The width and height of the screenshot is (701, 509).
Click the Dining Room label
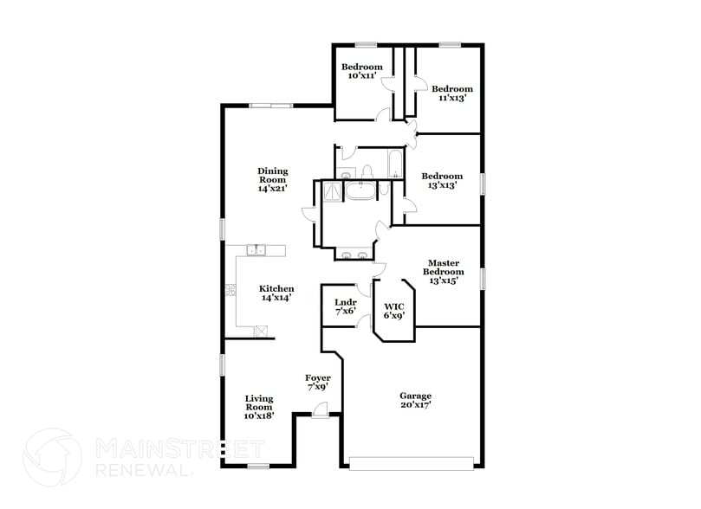[272, 180]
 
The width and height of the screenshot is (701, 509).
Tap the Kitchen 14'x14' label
[277, 293]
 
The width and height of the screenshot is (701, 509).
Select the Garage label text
[416, 399]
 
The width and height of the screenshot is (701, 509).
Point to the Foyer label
[318, 382]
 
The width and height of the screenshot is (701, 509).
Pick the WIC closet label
[394, 311]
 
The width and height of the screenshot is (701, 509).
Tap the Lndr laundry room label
[346, 306]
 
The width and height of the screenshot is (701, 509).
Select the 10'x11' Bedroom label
[361, 72]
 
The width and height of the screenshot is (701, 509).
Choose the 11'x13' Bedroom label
[452, 93]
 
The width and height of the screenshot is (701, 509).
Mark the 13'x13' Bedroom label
[442, 180]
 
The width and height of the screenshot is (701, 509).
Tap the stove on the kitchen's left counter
[231, 291]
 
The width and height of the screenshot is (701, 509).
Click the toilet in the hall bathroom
[367, 171]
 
